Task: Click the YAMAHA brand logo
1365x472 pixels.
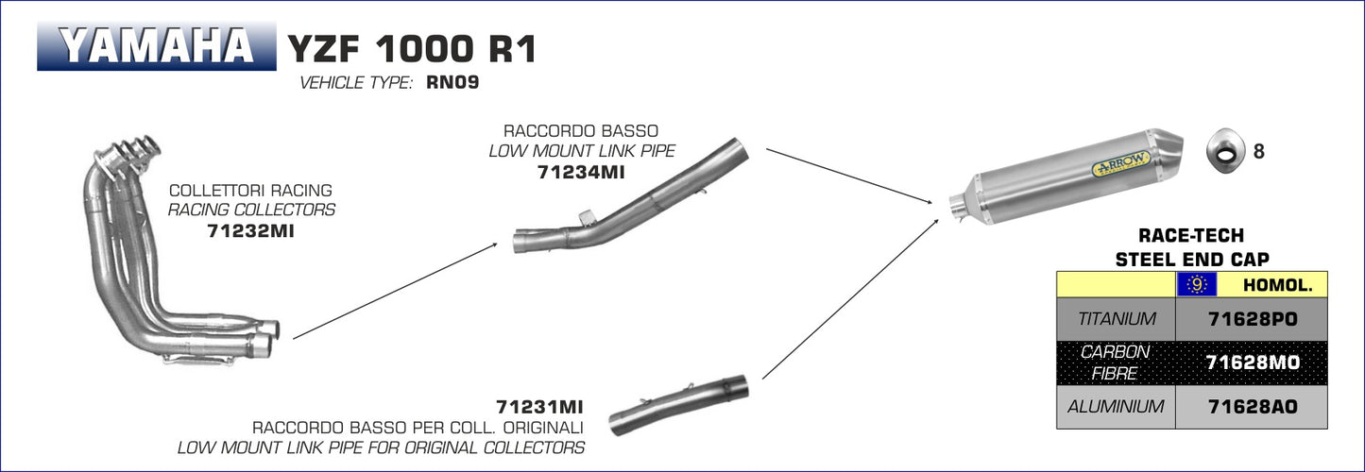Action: pyautogui.click(x=157, y=46)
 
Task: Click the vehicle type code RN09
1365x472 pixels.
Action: pyautogui.click(x=452, y=83)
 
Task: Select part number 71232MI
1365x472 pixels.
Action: pyautogui.click(x=250, y=230)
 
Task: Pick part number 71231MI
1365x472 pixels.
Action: pyautogui.click(x=539, y=407)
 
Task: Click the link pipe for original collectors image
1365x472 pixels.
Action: pyautogui.click(x=678, y=404)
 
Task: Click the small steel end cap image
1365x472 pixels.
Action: pyautogui.click(x=1225, y=151)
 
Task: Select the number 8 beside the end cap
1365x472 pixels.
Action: pyautogui.click(x=1258, y=151)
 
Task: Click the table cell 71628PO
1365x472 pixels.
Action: pyautogui.click(x=1253, y=319)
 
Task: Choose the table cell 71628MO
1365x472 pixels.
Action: pyautogui.click(x=1253, y=362)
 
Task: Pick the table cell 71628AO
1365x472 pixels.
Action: pyautogui.click(x=1253, y=407)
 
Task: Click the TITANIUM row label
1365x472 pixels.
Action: pyautogui.click(x=1117, y=319)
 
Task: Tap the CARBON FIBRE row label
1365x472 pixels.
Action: pyautogui.click(x=1117, y=362)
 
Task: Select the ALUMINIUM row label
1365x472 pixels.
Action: pyautogui.click(x=1117, y=407)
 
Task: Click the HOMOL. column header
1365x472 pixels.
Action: pyautogui.click(x=1271, y=284)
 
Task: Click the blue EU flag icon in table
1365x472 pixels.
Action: pyautogui.click(x=1196, y=284)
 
